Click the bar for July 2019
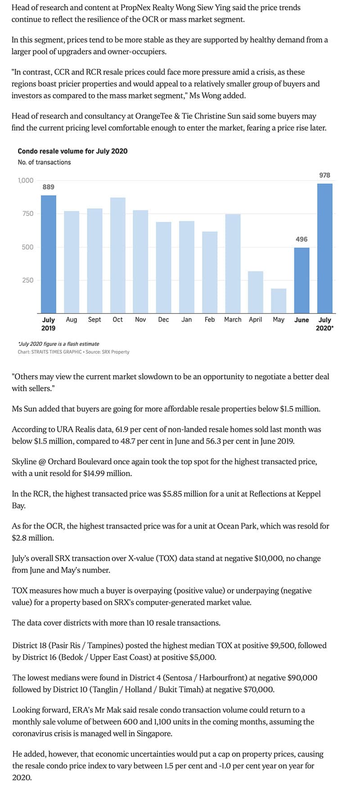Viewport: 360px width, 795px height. coord(49,254)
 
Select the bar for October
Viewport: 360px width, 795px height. coord(117,255)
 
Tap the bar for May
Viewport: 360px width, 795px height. coord(279,301)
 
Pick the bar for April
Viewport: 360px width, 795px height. coord(256,292)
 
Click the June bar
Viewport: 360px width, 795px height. coord(301,280)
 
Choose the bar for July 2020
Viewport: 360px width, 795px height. coord(324,248)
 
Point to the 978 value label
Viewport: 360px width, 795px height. coord(324,175)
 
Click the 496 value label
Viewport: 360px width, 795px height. coord(301,239)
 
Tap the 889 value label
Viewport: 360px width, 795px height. coord(49,187)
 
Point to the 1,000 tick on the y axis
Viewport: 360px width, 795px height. coord(26,180)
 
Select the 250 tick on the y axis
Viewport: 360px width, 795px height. coord(27,280)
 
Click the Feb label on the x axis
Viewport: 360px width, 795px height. coord(210,319)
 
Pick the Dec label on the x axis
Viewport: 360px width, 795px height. coord(163,319)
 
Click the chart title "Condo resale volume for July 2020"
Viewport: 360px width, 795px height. coord(72,151)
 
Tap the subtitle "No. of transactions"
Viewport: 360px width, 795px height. coord(44,162)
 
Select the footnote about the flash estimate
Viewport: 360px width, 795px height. coord(58,344)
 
